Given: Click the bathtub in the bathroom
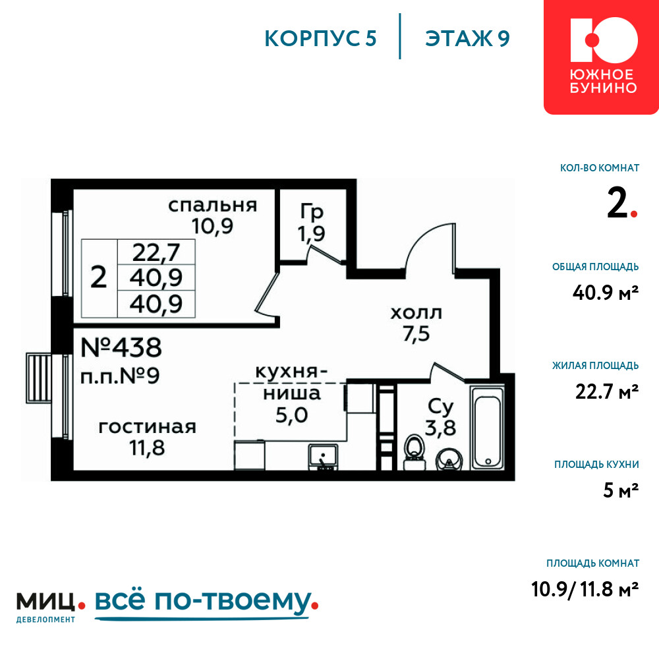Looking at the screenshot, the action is coord(488,428).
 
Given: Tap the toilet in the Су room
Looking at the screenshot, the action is coord(415,452).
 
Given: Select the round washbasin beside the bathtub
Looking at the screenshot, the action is coord(449,460).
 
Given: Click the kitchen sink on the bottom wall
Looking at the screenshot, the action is coord(323,457).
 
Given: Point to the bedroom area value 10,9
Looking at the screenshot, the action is coord(212,226).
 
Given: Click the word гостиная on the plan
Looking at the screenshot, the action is coord(148,426).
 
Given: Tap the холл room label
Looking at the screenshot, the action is coord(416,313).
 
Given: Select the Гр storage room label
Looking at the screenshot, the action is coord(312,212).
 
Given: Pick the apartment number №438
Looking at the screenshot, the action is coord(121,347).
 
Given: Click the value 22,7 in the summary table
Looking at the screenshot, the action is coord(156,252).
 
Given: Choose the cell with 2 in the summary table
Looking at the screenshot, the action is coord(99,278).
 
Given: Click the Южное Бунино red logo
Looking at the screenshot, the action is coord(602,57).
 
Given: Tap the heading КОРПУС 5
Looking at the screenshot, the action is coord(320,38).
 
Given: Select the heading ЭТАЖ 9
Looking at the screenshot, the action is coord(467,38).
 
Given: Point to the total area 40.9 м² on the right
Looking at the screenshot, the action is coord(606,293).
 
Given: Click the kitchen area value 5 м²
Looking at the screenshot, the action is coord(621,490).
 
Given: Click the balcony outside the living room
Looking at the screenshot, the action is coord(39,378).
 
